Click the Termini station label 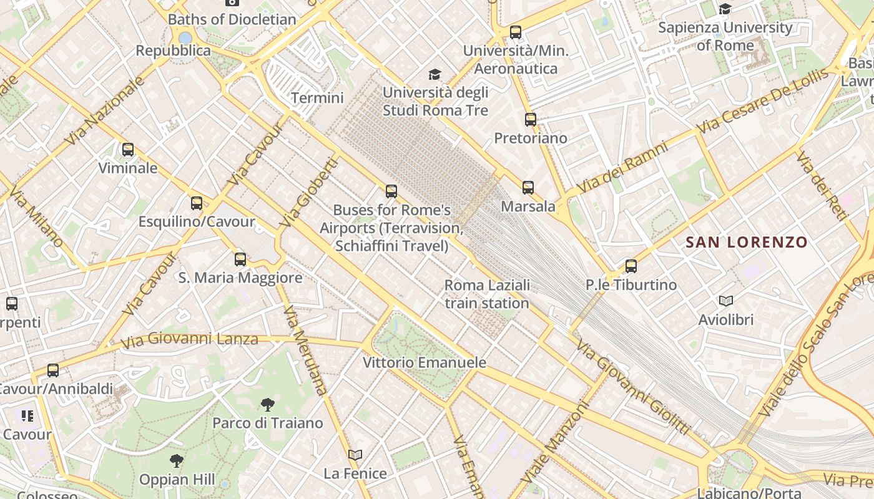pos(317,98)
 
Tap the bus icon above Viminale pos(128,150)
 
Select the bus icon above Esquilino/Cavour pos(197,203)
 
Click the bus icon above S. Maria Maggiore pos(240,259)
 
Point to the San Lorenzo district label pos(747,242)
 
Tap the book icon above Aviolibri pos(726,301)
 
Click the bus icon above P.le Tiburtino pos(631,266)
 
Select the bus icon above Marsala pos(528,188)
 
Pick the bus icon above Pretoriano pos(531,120)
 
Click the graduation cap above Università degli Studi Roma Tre pos(435,75)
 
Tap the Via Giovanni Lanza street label pos(189,340)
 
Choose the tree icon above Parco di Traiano pos(268,405)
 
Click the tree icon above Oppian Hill pos(177,462)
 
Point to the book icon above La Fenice pos(355,455)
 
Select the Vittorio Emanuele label pos(425,362)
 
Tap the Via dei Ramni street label pos(622,167)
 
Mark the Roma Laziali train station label pos(487,294)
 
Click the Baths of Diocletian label pos(232,19)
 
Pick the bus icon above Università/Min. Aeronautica pos(516,32)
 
